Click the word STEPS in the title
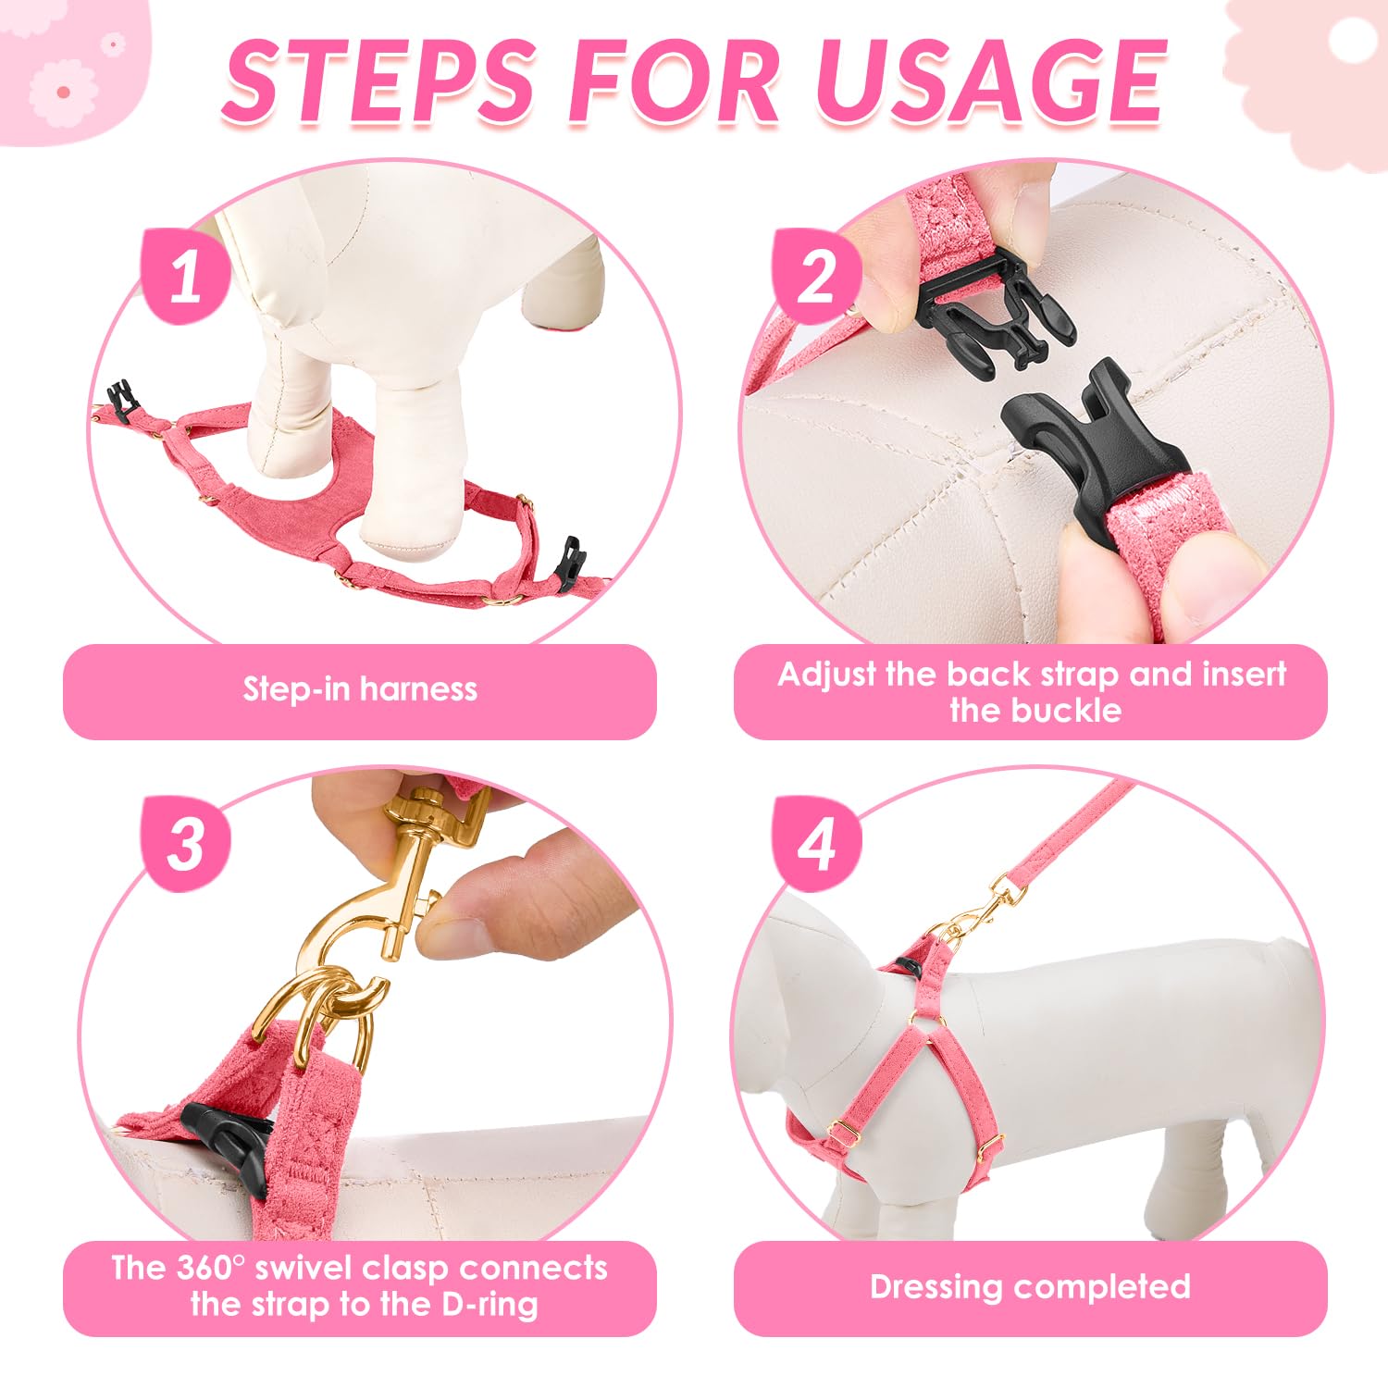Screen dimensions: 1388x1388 379,81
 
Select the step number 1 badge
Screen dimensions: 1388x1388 185,276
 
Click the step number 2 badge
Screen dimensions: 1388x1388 817,276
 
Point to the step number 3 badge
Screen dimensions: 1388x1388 185,842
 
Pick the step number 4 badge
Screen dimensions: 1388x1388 817,842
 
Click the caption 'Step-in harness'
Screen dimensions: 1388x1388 360,689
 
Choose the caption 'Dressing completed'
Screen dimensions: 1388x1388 1030,1287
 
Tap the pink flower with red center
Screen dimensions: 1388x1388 63,93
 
